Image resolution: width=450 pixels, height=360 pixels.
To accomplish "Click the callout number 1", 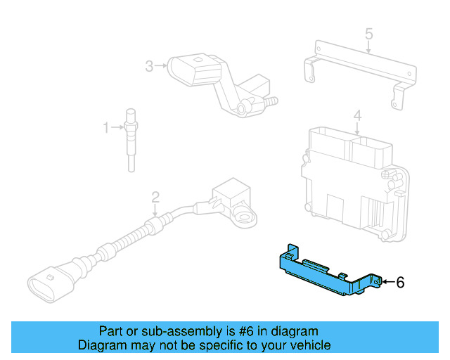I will point(106,128).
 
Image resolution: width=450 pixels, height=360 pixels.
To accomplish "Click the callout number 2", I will point(156,197).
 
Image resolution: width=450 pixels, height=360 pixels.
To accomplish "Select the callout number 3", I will point(149,66).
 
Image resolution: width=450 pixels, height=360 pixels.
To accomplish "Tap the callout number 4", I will point(357,115).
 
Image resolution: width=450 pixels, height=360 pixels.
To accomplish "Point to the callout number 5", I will point(368,33).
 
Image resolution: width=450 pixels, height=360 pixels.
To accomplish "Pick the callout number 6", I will point(400,283).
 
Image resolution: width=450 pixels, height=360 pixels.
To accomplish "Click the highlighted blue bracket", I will point(323,274).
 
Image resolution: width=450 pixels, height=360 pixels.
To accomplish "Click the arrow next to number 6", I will point(387,283).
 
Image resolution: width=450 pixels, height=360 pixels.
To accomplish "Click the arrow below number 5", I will point(368,46).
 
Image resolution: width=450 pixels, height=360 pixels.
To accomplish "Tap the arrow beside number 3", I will point(161,66).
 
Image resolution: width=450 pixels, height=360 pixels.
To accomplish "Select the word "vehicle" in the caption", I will point(308,345).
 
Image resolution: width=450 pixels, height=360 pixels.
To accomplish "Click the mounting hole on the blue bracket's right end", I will point(378,281).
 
